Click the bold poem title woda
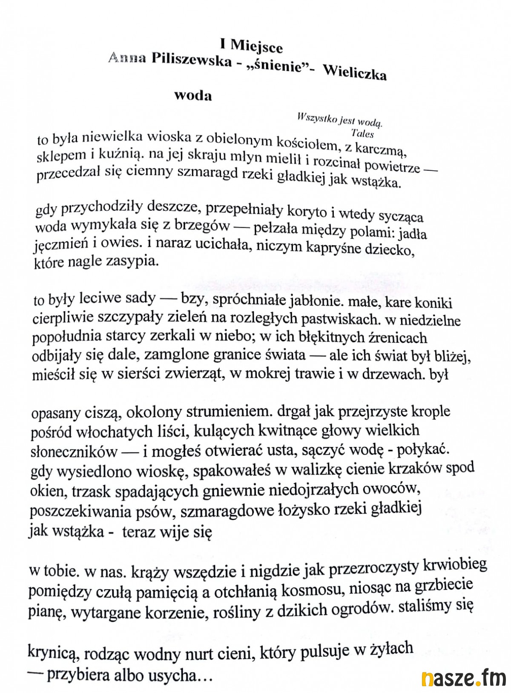tap(193, 96)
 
